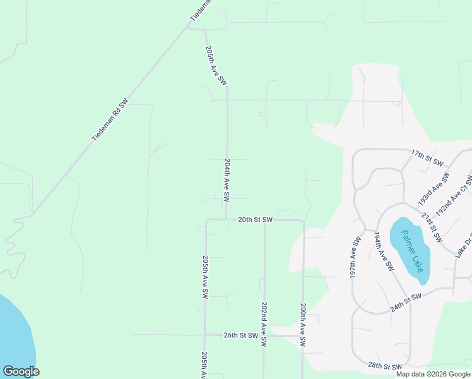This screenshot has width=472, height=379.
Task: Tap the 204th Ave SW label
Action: point(227,180)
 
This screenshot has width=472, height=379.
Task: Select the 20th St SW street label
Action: point(255,220)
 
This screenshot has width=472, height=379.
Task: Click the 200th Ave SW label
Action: point(304,324)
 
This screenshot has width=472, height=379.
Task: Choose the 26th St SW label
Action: point(240,335)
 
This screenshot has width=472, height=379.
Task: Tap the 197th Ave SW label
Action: point(355,258)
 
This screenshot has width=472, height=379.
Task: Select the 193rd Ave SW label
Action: point(434,189)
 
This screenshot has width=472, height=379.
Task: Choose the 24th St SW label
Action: point(405,302)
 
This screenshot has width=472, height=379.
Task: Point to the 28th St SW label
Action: point(385,366)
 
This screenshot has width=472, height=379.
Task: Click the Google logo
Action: point(21,371)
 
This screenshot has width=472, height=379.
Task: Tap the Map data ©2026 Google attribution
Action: point(433,374)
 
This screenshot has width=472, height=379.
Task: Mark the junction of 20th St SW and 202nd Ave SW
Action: point(264,220)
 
